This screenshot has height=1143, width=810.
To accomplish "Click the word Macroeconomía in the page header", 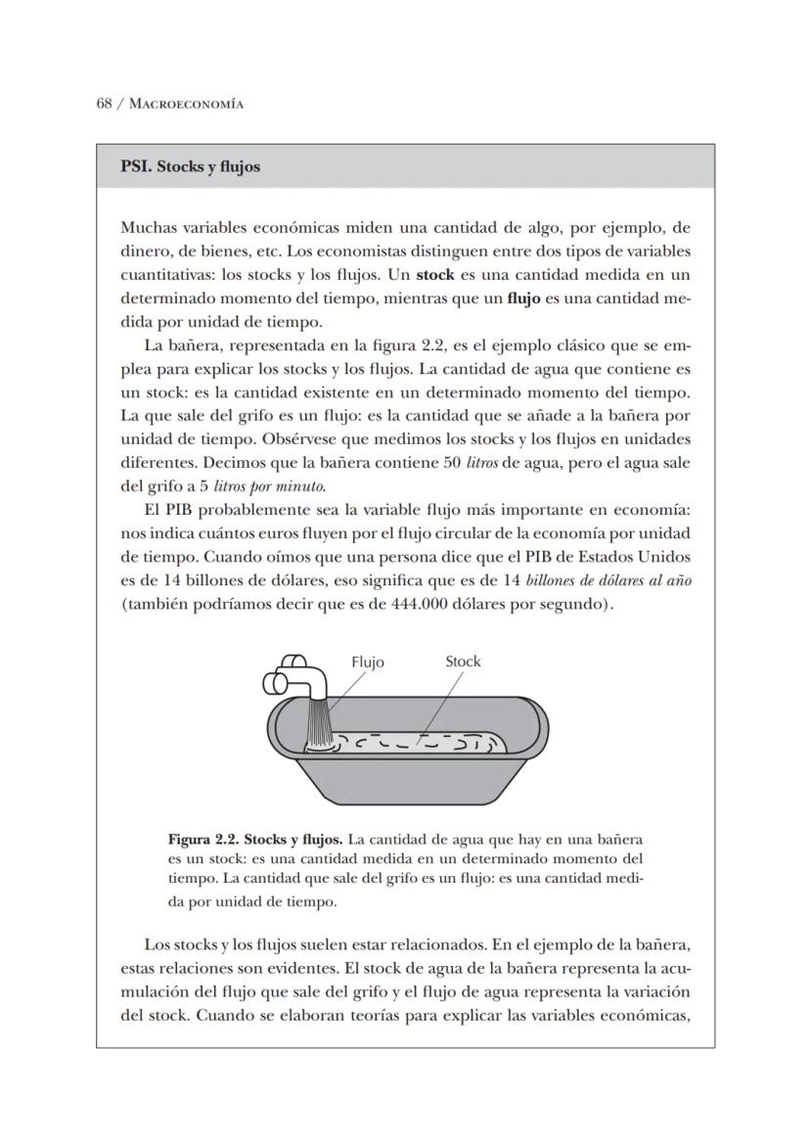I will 186,104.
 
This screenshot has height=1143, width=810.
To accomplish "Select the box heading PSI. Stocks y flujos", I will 190,166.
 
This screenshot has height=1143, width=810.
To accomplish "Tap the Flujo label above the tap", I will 368,662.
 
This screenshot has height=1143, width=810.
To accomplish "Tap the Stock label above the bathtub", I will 463,661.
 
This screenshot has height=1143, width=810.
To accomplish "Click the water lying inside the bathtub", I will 421,745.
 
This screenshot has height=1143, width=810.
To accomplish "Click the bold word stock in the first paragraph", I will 435,275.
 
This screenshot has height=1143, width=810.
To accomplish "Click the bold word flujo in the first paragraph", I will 523,298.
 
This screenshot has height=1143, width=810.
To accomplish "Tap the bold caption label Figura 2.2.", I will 202,840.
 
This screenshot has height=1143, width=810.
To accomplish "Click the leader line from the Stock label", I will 440,705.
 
